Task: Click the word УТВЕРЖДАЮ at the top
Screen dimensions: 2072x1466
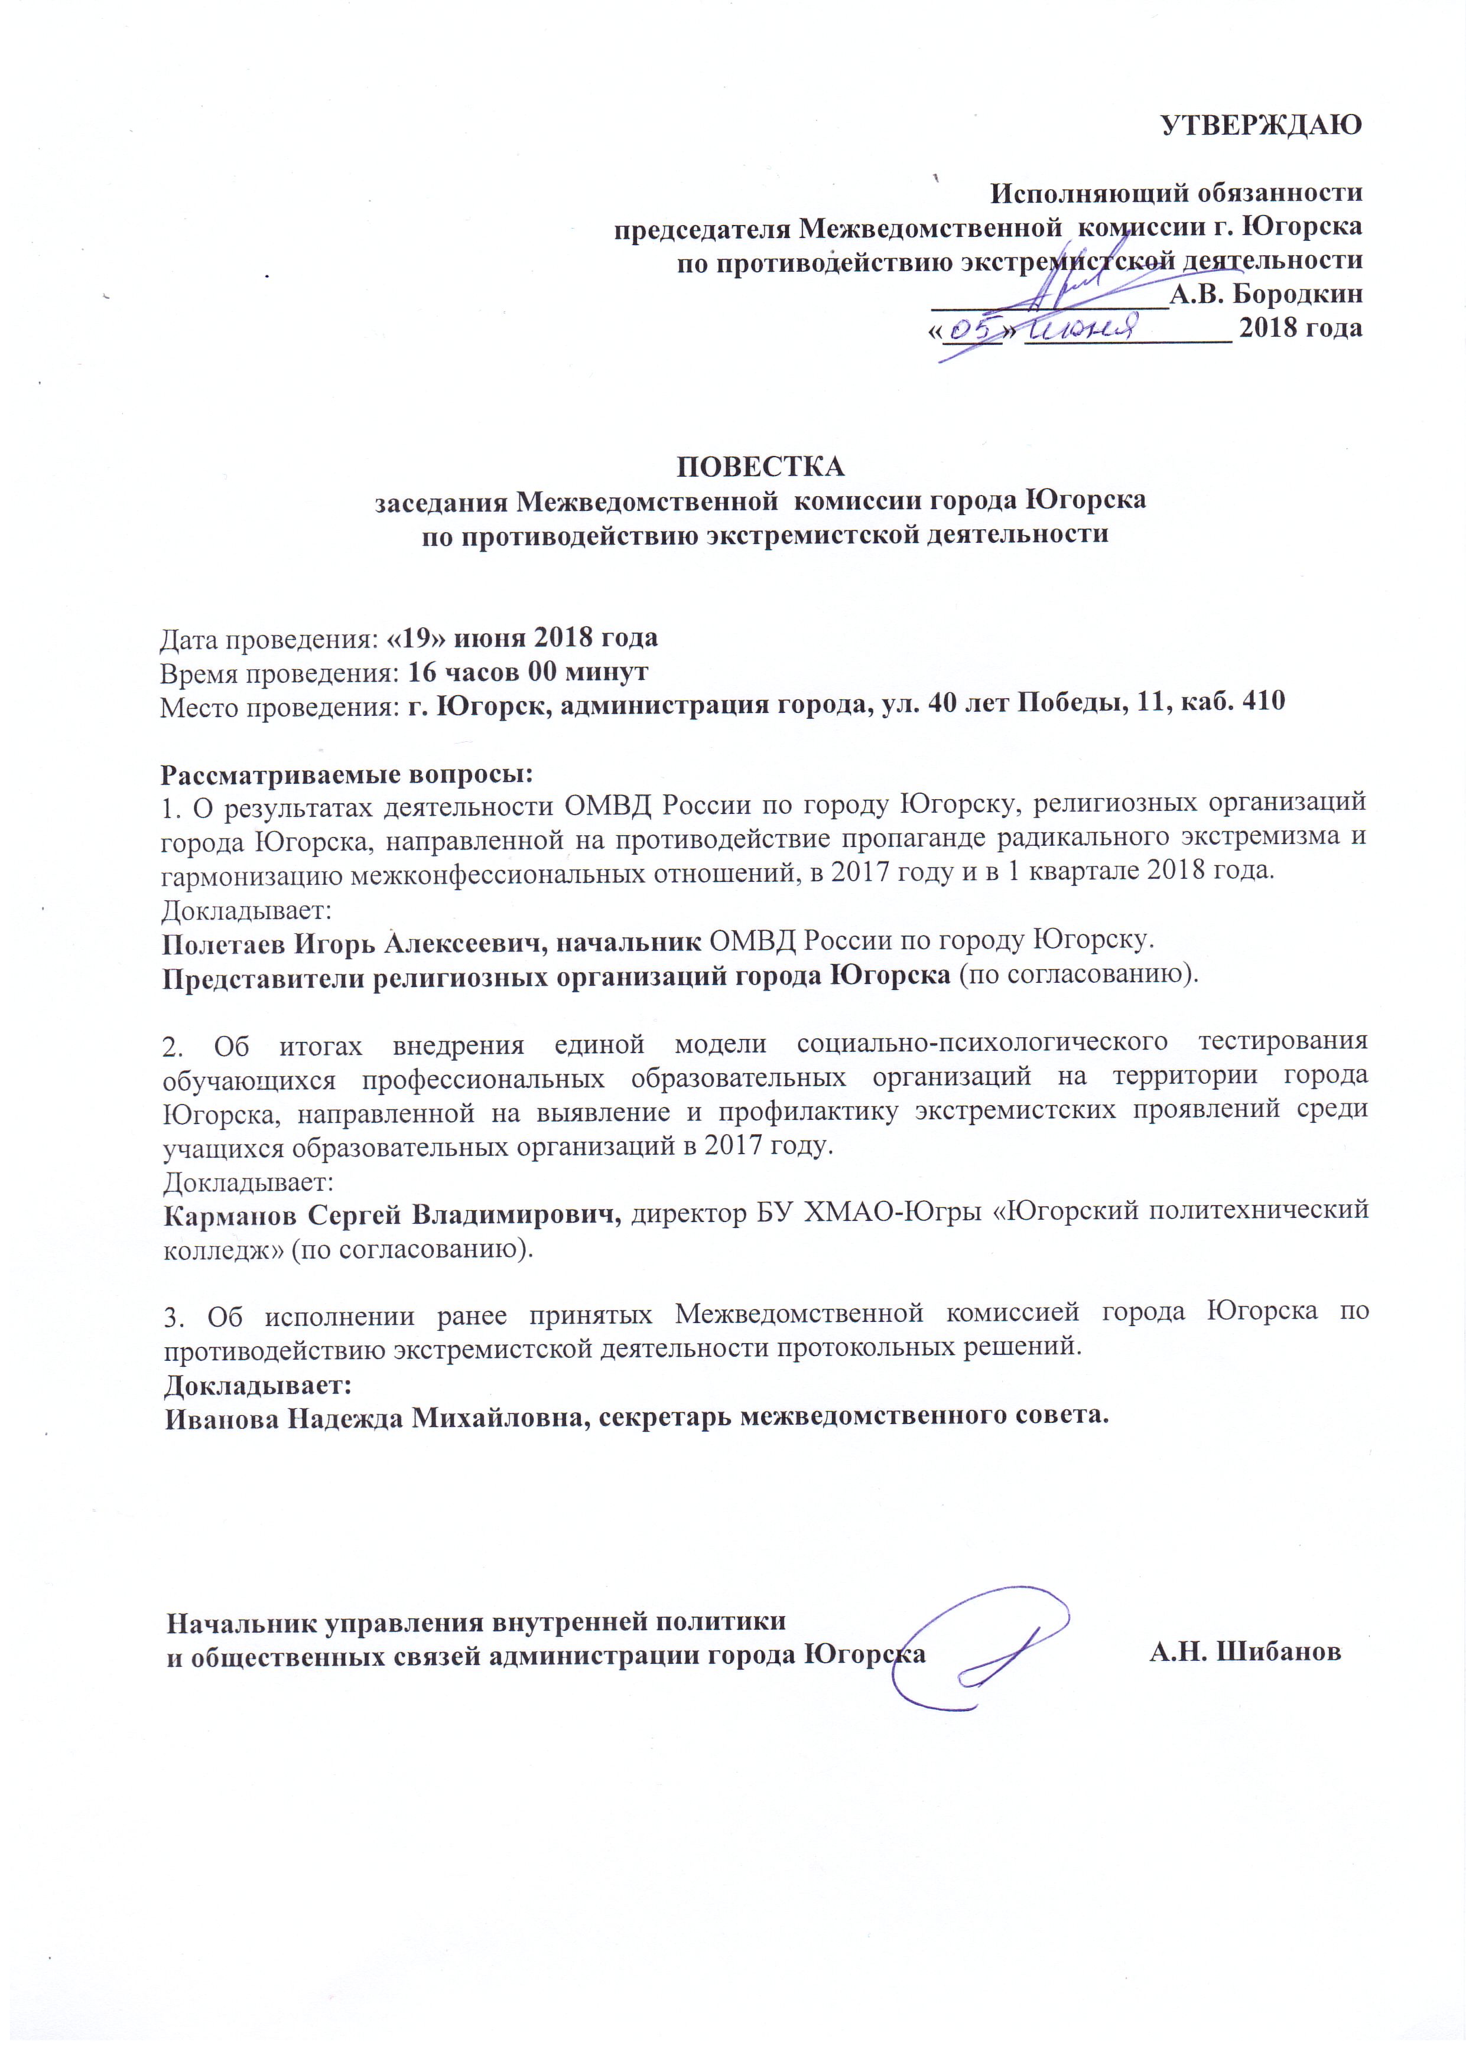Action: pos(1260,125)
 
